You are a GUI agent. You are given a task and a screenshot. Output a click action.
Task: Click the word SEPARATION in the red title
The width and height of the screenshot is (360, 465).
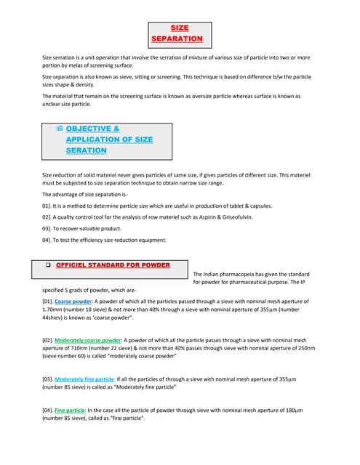177,38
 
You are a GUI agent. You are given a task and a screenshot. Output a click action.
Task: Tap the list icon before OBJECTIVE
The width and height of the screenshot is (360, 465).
60,129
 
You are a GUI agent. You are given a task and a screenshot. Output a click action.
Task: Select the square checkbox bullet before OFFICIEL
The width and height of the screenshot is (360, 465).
47,265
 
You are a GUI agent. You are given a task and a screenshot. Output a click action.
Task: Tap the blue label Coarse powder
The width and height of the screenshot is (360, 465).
73,301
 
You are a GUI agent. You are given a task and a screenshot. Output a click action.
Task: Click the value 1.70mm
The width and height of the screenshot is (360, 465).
54,309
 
